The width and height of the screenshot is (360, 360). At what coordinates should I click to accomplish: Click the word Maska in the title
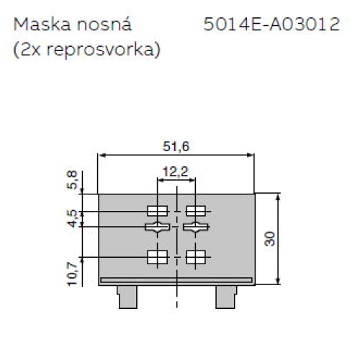click(x=37, y=26)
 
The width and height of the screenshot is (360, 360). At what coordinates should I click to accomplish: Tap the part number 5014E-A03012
click(x=271, y=26)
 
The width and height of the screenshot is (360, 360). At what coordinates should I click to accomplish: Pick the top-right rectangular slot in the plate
click(x=196, y=211)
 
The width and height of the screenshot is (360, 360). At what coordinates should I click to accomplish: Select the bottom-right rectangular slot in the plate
click(x=196, y=256)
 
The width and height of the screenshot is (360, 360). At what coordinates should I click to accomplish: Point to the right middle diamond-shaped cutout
click(x=196, y=228)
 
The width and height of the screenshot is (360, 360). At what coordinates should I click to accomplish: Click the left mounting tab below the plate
click(x=127, y=295)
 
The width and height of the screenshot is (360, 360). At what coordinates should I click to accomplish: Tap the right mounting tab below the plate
click(x=226, y=295)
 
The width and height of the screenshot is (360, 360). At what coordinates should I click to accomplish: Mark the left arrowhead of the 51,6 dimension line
click(x=102, y=155)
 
